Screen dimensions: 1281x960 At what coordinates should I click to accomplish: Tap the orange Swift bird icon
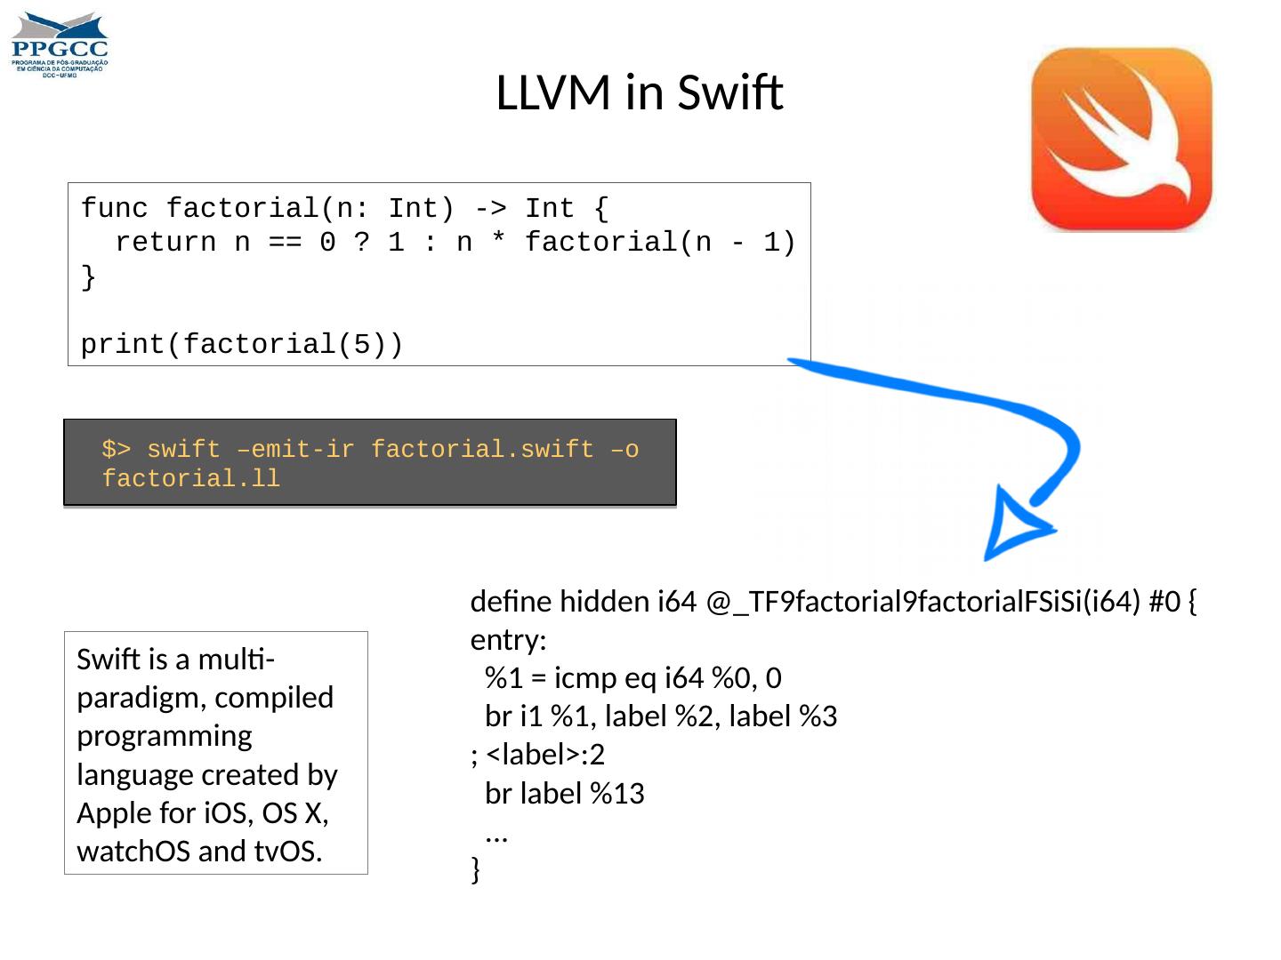pyautogui.click(x=1121, y=140)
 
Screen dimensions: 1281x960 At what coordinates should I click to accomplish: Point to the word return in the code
pyautogui.click(x=165, y=243)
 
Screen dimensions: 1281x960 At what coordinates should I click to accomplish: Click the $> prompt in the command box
pyautogui.click(x=116, y=450)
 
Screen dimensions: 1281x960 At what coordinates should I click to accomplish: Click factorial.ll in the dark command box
pyautogui.click(x=190, y=479)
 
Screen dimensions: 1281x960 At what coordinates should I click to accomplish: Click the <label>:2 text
pyautogui.click(x=544, y=755)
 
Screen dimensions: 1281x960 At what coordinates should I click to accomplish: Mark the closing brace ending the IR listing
pyautogui.click(x=475, y=870)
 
